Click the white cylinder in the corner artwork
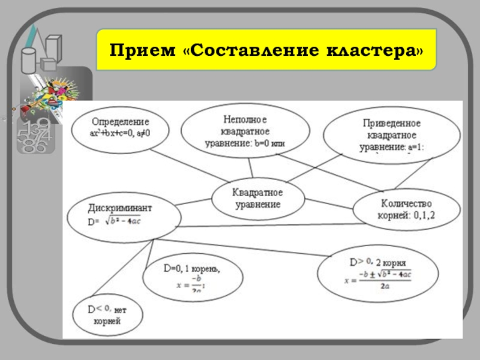click(28, 60)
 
